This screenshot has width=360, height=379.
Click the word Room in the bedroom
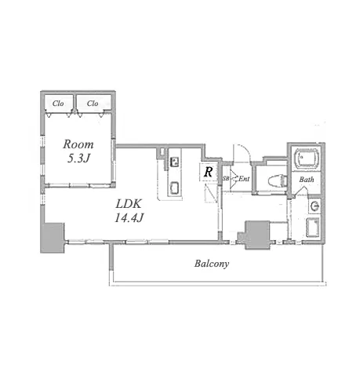[78, 144]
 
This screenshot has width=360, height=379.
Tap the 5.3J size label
[78, 158]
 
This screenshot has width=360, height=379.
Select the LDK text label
[129, 203]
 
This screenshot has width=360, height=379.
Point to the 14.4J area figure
[129, 217]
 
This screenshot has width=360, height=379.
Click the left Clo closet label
[58, 104]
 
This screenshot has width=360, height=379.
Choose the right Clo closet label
[93, 104]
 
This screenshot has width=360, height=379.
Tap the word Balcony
[212, 264]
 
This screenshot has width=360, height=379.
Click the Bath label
[307, 180]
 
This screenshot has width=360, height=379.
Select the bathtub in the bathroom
[307, 158]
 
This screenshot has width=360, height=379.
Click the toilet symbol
[278, 180]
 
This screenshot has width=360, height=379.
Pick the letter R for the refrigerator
[208, 172]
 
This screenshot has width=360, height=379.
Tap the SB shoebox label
[226, 179]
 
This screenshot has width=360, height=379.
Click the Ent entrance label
[244, 179]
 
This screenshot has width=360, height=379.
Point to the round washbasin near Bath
[315, 206]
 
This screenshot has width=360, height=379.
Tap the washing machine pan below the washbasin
[313, 228]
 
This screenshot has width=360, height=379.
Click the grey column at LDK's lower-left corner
[52, 238]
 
